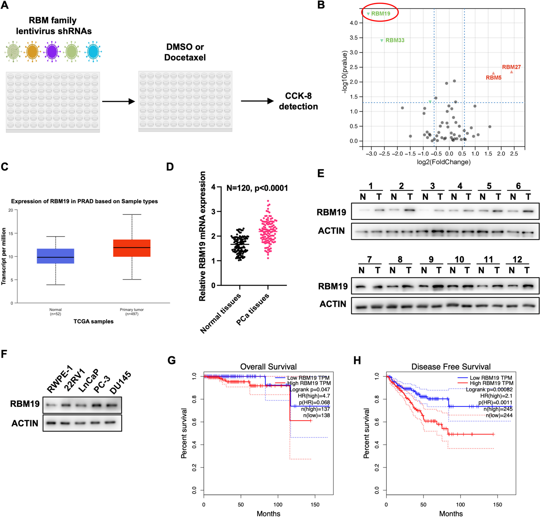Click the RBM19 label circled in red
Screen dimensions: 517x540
click(380, 14)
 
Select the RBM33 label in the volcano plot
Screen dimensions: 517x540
click(395, 40)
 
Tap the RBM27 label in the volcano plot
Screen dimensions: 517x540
click(511, 67)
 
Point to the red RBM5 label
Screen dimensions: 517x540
click(493, 78)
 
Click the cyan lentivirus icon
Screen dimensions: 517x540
click(93, 51)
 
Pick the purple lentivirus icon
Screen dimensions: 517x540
click(52, 51)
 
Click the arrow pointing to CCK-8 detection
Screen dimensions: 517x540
click(257, 101)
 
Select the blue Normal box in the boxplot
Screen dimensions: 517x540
click(56, 256)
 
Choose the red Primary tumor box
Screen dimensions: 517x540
click(132, 248)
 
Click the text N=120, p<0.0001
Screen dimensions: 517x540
click(257, 188)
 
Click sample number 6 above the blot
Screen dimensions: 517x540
click(518, 186)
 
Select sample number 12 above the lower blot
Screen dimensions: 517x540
click(517, 259)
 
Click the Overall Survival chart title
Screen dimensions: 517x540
click(268, 367)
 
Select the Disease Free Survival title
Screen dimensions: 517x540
click(451, 367)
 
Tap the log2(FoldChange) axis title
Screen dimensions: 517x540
click(443, 162)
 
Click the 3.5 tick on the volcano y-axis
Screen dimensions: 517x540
click(354, 38)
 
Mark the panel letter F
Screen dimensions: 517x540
click(4, 354)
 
